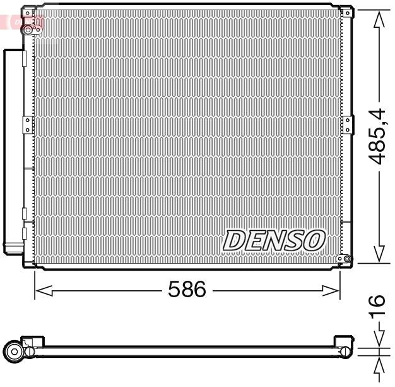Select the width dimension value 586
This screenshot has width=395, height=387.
pos(187,290)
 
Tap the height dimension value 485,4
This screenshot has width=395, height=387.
pos(378,136)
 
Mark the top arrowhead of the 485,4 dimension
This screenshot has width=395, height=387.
pos(378,19)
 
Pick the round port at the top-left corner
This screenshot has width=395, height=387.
pos(28,29)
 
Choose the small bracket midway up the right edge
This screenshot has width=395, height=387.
pos(346,122)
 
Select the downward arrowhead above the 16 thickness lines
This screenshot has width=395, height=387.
pos(378,339)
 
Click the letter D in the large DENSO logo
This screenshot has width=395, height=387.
pos(235,240)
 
